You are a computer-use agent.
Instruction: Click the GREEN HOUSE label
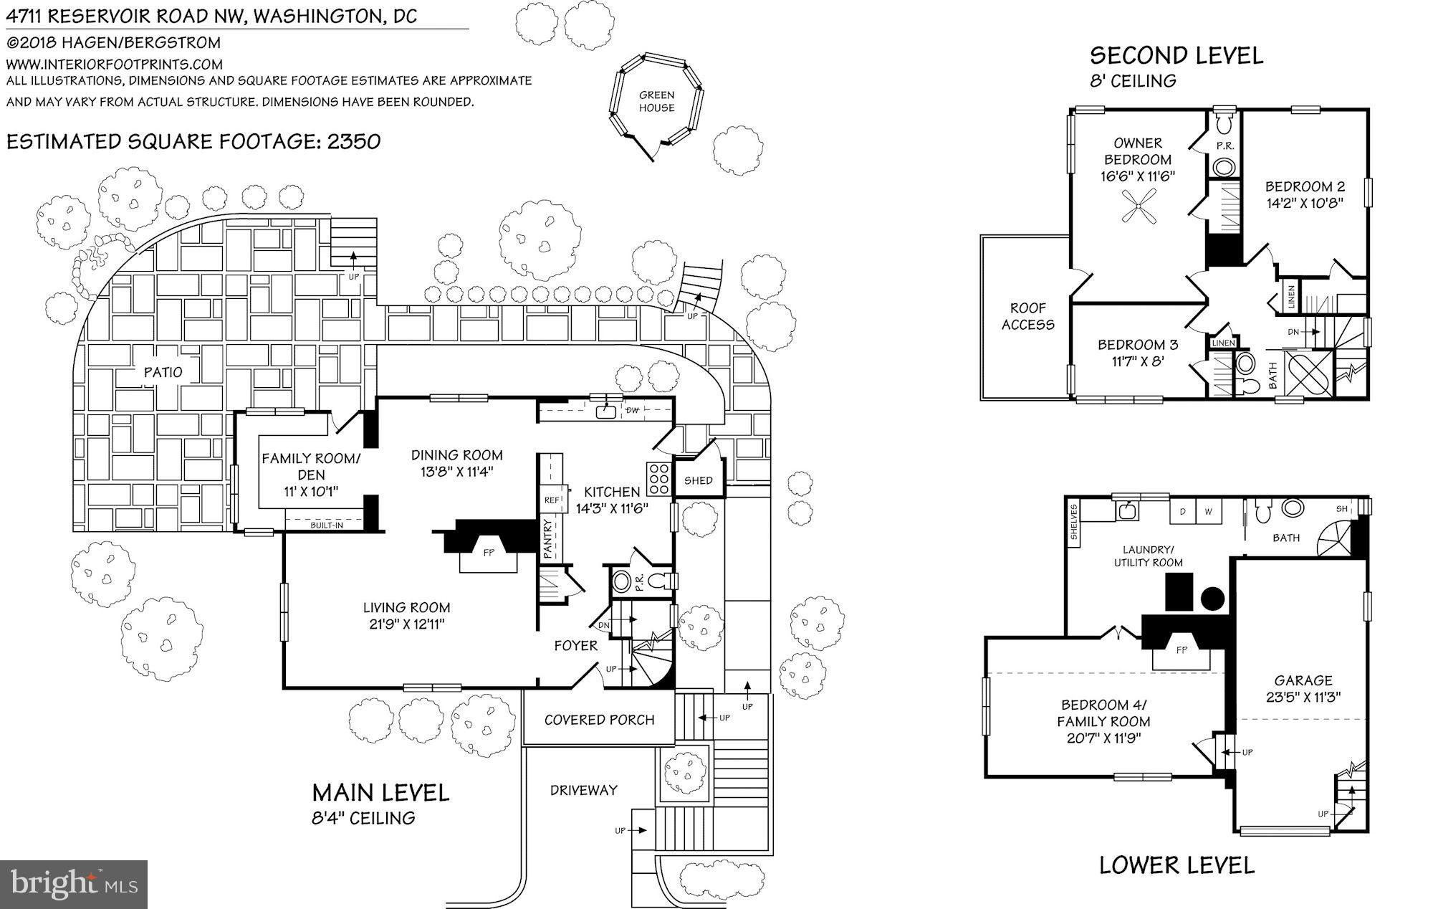[x=656, y=101]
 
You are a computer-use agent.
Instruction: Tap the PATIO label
[x=163, y=372]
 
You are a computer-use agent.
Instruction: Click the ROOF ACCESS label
[x=1027, y=316]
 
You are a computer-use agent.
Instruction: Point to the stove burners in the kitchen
[x=658, y=479]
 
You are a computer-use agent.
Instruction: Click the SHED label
[x=698, y=480]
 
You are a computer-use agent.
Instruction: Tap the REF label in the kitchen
[x=552, y=500]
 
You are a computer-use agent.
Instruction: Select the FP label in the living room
[x=488, y=553]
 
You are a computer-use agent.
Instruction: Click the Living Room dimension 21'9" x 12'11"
[x=406, y=624]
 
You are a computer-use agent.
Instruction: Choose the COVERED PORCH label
[x=599, y=720]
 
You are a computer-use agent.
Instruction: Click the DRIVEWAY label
[x=583, y=790]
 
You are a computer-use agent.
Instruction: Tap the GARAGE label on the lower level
[x=1303, y=680]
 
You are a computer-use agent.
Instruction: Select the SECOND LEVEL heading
[x=1176, y=55]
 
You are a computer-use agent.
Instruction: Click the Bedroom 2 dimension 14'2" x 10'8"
[x=1304, y=203]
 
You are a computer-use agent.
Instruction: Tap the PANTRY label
[x=548, y=537]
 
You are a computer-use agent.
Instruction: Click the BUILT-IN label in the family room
[x=326, y=525]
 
